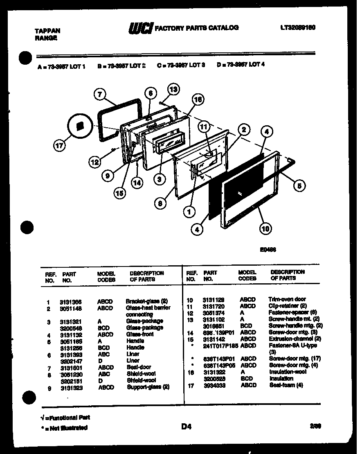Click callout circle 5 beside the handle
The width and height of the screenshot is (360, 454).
coord(299,185)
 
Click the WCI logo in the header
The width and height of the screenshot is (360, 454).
coord(141,28)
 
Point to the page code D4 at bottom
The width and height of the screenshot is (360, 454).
coord(186,427)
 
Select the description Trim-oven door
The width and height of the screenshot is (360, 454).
coord(287,299)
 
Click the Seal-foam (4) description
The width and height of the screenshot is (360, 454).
coord(286,385)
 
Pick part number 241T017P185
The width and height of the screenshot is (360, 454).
coord(220,346)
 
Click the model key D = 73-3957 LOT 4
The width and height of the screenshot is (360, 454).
coord(241,64)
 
